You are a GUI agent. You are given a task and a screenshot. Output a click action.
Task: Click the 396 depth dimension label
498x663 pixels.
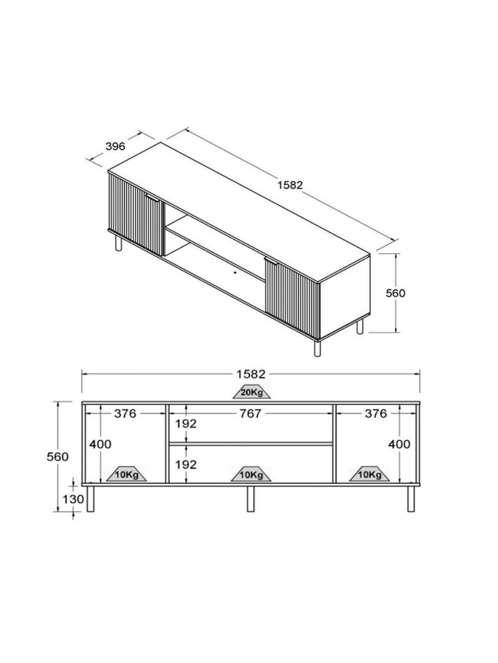pos(115,146)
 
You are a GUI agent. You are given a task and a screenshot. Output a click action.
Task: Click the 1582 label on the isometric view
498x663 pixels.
pos(290,185)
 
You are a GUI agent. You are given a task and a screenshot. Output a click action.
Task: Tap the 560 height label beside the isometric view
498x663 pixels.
pos(395,293)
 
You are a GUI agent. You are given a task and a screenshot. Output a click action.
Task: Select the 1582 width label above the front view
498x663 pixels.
pos(251,374)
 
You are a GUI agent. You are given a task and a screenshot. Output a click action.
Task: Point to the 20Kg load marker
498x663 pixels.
pos(251,392)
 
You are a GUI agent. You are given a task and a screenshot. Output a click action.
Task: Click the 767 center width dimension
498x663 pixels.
pos(250,413)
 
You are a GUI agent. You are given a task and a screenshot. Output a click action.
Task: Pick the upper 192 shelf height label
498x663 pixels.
pos(186,424)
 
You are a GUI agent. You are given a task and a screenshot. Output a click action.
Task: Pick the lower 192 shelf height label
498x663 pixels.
pos(186,464)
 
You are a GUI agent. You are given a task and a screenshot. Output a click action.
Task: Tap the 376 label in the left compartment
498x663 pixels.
pos(125,413)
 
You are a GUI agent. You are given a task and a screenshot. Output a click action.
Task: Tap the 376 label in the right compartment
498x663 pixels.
pos(376,413)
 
